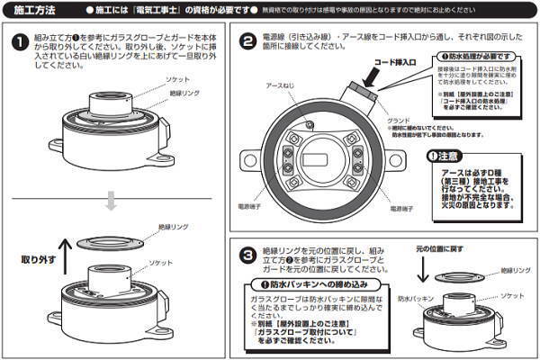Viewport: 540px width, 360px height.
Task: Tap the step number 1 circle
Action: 19,43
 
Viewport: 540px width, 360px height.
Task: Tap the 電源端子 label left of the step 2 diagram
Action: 249,206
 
